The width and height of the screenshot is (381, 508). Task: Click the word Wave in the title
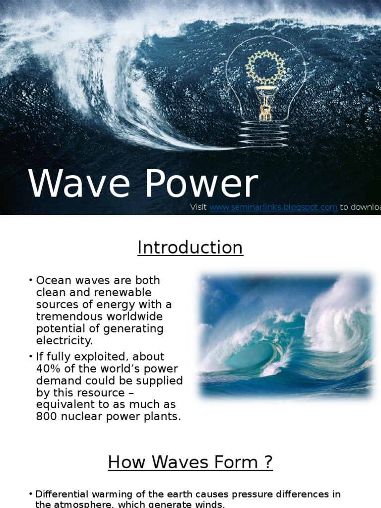point(81,185)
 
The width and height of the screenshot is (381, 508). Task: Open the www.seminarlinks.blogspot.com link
point(273,207)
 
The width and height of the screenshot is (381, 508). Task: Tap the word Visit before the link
point(198,207)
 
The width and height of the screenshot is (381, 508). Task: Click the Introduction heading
point(190,248)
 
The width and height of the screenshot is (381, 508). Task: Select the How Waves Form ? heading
point(190,462)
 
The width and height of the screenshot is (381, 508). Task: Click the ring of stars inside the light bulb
point(266,66)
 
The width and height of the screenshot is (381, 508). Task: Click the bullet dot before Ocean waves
point(31,281)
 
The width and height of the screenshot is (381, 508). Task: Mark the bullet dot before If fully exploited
point(31,357)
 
